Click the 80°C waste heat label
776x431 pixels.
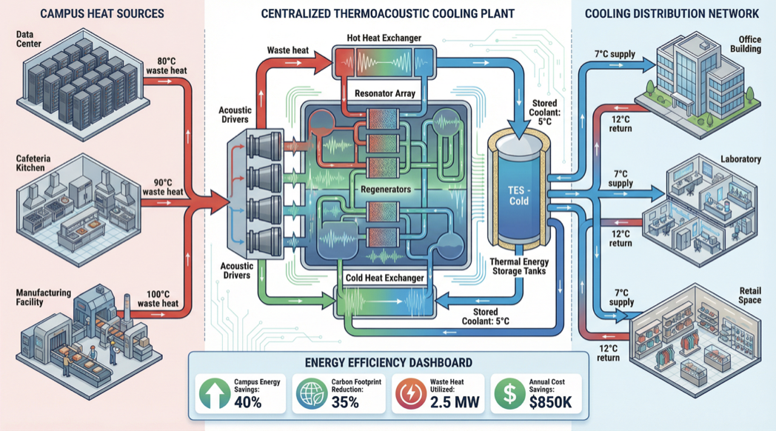(167, 66)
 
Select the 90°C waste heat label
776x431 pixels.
(164, 187)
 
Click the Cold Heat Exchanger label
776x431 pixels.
(385, 278)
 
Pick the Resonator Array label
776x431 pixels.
(385, 94)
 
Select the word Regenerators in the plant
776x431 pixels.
(385, 190)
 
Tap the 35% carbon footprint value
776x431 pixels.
(344, 402)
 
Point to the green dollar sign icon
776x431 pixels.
(509, 394)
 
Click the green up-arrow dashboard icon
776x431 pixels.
(214, 394)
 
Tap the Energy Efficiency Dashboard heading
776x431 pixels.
(388, 362)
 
